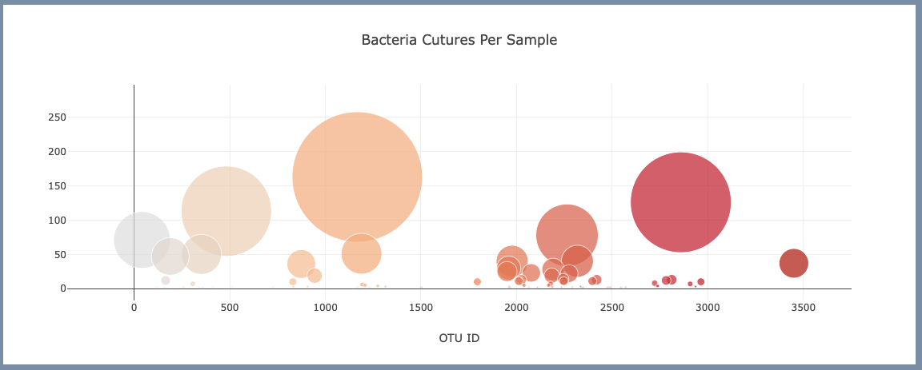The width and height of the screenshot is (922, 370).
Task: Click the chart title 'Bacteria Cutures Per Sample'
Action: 459,40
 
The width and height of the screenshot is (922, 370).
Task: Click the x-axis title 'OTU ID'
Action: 459,338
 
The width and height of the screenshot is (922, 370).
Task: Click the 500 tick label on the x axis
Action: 229,307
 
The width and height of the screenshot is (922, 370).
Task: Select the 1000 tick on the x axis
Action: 325,307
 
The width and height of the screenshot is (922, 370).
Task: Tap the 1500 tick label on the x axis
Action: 420,307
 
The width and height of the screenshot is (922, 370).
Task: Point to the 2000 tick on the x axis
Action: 516,307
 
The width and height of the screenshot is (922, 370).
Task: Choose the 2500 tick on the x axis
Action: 611,307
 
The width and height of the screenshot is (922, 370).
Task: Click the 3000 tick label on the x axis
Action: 708,307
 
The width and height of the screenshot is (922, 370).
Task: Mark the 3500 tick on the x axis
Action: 803,307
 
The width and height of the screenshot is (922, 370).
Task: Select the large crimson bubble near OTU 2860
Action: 680,202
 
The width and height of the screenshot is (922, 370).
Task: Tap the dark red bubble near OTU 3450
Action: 793,263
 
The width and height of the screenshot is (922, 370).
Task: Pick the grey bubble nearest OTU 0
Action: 142,239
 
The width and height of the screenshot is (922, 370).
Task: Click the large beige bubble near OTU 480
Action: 226,211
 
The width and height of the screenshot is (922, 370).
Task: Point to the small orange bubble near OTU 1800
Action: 477,282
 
